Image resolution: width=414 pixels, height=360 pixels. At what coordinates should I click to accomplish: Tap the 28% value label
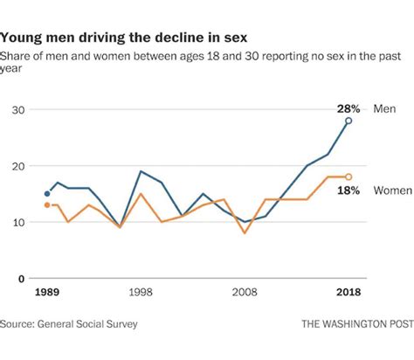tap(348, 108)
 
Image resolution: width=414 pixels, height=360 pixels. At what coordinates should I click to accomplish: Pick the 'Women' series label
tap(393, 190)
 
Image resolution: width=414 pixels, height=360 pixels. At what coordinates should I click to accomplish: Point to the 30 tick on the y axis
tap(16, 110)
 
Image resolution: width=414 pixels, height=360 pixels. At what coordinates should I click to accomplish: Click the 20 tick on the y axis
tap(16, 166)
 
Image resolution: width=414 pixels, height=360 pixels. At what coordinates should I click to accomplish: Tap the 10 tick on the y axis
tap(16, 222)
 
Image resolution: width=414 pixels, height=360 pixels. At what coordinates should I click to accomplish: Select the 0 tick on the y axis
tap(19, 279)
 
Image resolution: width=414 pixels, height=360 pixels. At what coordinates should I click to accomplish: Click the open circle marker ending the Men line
tap(348, 121)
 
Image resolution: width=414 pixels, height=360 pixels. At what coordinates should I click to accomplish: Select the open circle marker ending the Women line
tap(348, 177)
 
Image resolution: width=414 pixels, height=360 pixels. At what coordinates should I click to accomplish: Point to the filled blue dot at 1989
tap(47, 194)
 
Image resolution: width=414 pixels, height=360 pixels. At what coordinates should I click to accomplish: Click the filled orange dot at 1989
tap(47, 205)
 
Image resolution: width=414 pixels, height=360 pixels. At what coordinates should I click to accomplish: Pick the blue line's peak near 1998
tap(141, 171)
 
